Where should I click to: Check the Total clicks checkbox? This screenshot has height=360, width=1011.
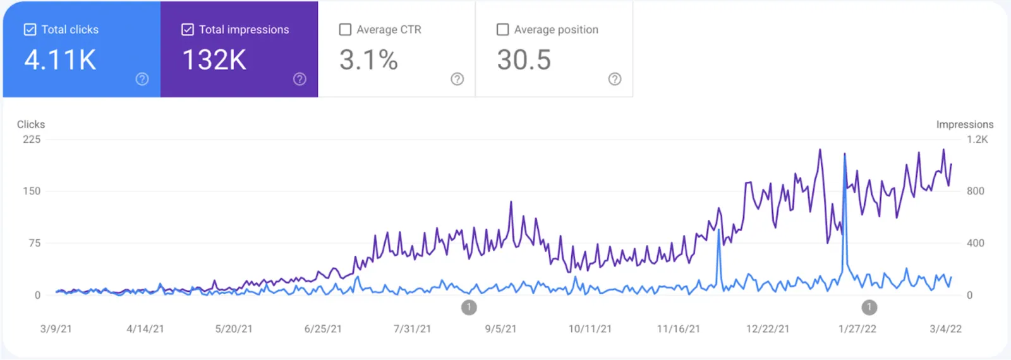30,30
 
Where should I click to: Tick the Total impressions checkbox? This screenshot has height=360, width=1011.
188,30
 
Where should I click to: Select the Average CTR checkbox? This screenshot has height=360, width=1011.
345,30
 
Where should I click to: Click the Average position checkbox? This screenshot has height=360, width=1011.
503,30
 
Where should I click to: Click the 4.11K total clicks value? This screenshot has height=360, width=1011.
61,61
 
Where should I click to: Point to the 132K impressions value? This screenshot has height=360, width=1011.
214,61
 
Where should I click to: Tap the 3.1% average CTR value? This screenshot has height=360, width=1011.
368,61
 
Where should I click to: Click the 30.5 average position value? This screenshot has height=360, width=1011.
524,61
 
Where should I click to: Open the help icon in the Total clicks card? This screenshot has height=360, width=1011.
142,79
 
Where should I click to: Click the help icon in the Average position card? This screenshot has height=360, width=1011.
615,79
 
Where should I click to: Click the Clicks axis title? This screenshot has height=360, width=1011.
31,124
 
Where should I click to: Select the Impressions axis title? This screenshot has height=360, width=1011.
964,124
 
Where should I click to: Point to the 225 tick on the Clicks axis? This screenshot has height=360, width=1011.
32,140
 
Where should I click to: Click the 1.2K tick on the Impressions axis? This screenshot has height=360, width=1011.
977,140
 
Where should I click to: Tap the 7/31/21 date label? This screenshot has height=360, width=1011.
412,329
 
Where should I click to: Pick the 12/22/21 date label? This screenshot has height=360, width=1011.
767,329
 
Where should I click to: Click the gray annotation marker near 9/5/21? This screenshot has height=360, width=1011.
469,308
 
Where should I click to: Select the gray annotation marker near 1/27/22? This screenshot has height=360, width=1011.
869,308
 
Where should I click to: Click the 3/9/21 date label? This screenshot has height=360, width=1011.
56,329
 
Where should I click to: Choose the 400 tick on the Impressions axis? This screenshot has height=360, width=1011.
975,243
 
